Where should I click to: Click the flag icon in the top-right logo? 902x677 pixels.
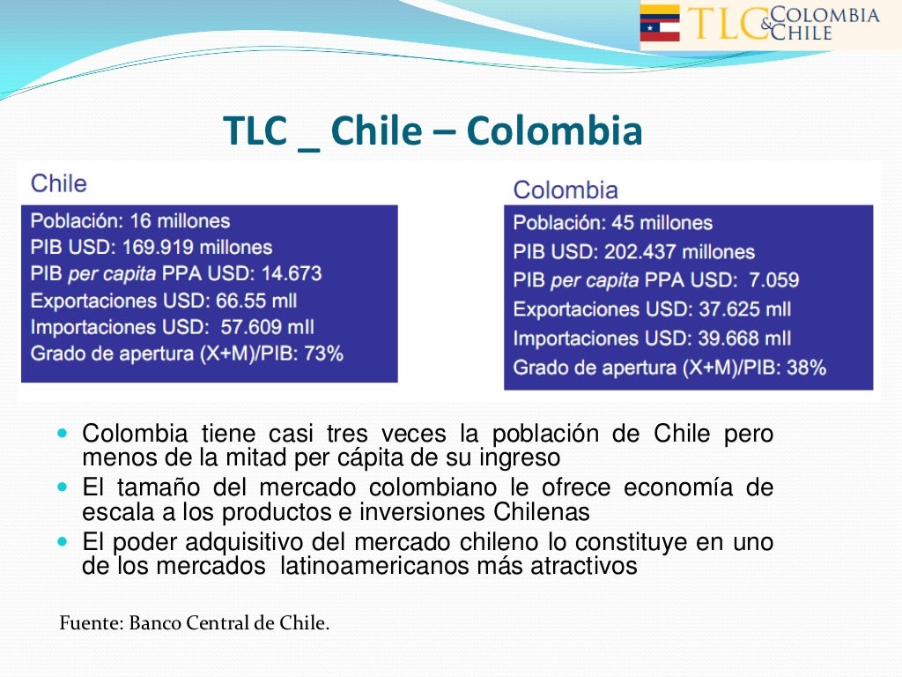pyautogui.click(x=660, y=23)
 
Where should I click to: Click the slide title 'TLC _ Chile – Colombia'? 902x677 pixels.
pyautogui.click(x=433, y=131)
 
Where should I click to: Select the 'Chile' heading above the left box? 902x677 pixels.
pyautogui.click(x=59, y=183)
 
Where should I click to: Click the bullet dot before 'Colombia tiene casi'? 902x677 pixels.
pyautogui.click(x=62, y=435)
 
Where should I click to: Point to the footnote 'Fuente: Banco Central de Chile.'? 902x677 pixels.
pyautogui.click(x=194, y=623)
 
